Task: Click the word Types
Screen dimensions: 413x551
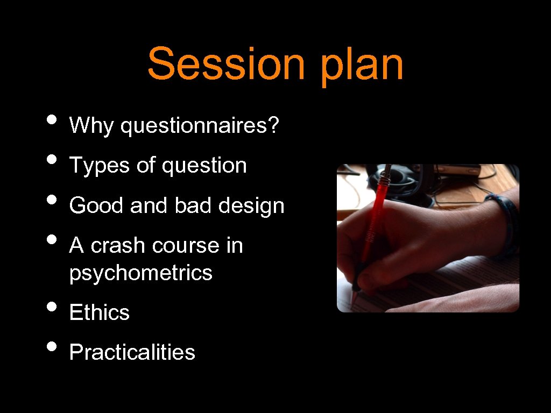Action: [x=100, y=166]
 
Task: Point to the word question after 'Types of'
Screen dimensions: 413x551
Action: [x=204, y=166]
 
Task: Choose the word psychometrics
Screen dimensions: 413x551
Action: [x=141, y=273]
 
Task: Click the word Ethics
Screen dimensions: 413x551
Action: [x=100, y=312]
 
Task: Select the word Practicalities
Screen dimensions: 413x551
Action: [x=132, y=352]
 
